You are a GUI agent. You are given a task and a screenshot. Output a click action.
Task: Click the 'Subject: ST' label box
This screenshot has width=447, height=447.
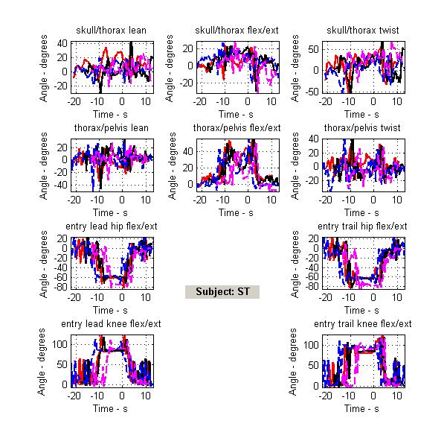[x=222, y=291]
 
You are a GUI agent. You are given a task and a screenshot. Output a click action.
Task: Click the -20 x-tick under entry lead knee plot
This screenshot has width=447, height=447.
[x=74, y=394]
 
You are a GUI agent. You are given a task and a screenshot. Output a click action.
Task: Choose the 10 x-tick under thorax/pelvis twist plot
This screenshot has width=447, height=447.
[x=397, y=199]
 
